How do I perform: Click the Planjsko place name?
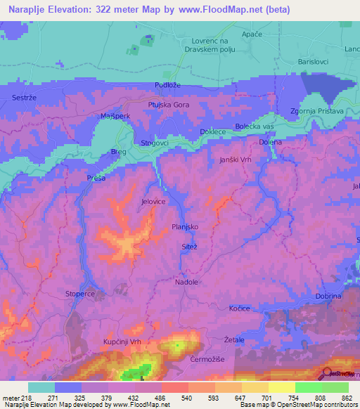coord(185,227)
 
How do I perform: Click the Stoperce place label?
coord(79,292)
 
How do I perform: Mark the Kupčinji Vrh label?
coord(107,341)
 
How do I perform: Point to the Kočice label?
coord(239,309)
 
